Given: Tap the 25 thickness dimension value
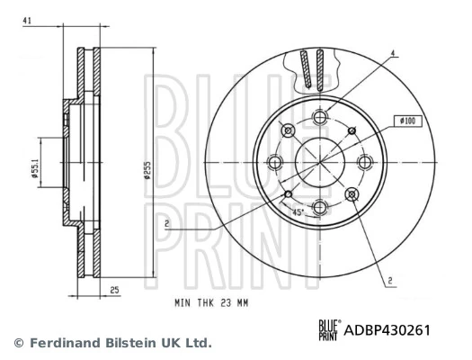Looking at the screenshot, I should tap(115, 290).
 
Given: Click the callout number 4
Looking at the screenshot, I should tap(393, 53).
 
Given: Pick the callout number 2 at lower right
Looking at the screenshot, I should tap(390, 281).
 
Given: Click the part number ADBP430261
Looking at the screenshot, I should tap(387, 330).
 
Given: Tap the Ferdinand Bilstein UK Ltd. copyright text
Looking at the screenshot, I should tap(112, 343).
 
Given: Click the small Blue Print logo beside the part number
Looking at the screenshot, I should tap(328, 330).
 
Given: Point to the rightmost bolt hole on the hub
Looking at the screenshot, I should tap(363, 162).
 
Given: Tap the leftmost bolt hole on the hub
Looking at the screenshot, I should tap(275, 162).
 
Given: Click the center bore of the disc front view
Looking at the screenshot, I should tap(319, 162).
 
